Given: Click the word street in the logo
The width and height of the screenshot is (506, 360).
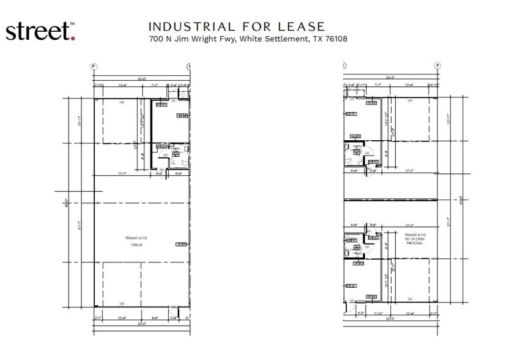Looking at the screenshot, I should [x=37, y=32].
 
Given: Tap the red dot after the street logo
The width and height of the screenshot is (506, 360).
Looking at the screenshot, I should [x=73, y=38].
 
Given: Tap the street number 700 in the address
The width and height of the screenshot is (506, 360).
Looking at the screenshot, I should [x=155, y=39].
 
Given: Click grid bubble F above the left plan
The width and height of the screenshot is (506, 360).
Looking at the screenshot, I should [x=94, y=66].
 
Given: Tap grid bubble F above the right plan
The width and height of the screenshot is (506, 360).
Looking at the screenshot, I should [x=437, y=66].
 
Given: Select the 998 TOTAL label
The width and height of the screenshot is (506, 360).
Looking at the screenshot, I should [x=414, y=243].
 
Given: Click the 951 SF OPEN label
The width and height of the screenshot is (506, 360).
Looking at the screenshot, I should [x=414, y=239].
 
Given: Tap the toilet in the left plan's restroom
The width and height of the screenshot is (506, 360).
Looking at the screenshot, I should [x=173, y=163].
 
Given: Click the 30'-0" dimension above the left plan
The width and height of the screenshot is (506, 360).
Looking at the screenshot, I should [x=142, y=78].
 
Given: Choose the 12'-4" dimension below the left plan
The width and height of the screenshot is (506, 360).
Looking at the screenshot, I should [x=122, y=318].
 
